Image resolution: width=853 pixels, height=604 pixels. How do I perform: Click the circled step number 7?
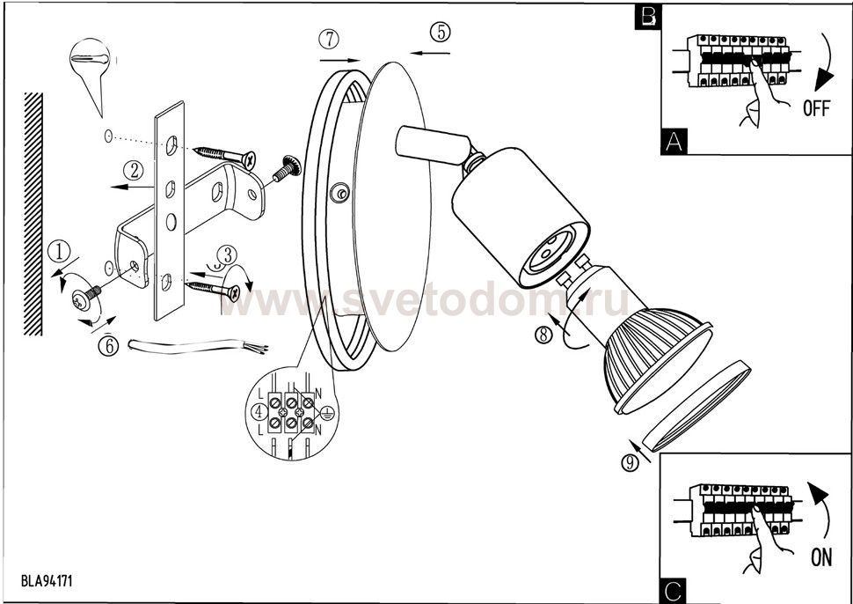click(329, 40)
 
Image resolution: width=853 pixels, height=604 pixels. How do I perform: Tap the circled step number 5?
click(441, 32)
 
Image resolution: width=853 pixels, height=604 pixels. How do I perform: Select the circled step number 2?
click(134, 171)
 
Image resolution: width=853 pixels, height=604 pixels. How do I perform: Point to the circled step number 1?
click(59, 252)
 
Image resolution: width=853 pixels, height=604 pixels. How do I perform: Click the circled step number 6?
click(108, 346)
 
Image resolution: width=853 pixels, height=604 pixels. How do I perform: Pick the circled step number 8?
click(543, 335)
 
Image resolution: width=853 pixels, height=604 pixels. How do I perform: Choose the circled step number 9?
click(630, 463)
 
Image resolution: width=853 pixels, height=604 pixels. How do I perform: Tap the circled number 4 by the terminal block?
click(259, 412)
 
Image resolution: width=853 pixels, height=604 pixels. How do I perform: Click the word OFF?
click(817, 108)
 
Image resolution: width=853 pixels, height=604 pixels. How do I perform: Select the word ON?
click(821, 557)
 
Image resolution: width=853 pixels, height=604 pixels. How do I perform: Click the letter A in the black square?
click(674, 142)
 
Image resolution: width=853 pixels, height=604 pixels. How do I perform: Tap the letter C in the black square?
click(673, 591)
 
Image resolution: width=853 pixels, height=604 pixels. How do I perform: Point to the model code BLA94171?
click(47, 580)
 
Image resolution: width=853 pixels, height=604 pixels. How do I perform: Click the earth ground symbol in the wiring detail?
click(327, 413)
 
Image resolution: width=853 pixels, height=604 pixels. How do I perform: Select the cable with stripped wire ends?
click(198, 346)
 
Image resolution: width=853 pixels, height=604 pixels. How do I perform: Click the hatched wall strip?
click(33, 213)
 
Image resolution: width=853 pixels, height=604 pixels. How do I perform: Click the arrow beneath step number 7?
click(340, 60)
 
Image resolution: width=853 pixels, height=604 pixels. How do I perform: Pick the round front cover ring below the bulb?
click(697, 406)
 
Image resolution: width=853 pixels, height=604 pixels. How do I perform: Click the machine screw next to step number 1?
click(86, 298)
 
